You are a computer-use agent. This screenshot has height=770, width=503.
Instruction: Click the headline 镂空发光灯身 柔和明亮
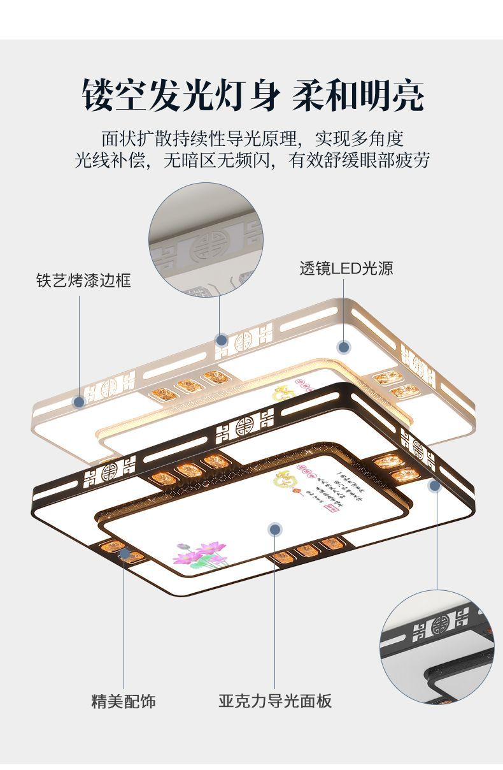(x=252, y=96)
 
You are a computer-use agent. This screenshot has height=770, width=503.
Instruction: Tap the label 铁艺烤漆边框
(x=83, y=280)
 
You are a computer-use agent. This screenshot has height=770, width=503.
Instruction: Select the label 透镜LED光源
(x=346, y=268)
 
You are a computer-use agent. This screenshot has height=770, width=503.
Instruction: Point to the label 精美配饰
(x=124, y=701)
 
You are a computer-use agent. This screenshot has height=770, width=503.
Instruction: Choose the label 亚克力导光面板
(x=275, y=701)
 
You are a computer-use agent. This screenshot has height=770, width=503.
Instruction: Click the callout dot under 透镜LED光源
(x=344, y=347)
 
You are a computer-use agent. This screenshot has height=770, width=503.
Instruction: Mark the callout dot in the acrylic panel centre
(x=275, y=528)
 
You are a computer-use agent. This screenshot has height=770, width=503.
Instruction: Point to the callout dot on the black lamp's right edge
(x=435, y=486)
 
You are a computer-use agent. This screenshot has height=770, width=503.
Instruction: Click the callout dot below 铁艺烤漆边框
(x=80, y=402)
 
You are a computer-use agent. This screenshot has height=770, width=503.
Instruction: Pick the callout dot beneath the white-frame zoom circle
(x=221, y=339)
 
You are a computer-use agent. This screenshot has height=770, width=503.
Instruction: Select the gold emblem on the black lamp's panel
(x=283, y=479)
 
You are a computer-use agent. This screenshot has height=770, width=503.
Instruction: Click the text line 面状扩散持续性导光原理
(x=252, y=138)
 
